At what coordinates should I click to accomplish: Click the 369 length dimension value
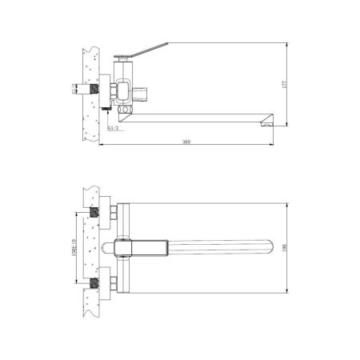click(186, 142)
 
